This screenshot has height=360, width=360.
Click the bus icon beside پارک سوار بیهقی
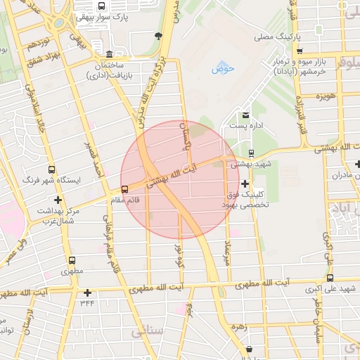tap(101, 6)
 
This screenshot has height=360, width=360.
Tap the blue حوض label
tap(223, 68)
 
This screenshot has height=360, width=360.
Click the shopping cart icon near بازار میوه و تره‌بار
tap(300, 51)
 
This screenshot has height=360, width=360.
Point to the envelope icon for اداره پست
tap(245, 115)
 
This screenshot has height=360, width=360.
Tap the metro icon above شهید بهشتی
tap(251, 153)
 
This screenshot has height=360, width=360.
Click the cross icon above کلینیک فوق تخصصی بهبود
tap(244, 183)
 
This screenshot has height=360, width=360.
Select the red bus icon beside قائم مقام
tap(124, 188)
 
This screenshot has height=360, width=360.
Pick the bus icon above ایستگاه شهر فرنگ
tap(51, 170)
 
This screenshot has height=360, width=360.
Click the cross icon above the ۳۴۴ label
tap(87, 292)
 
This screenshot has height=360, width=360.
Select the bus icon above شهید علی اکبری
tap(330, 278)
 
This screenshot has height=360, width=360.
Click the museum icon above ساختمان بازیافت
tap(108, 55)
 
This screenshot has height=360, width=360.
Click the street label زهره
tap(243, 326)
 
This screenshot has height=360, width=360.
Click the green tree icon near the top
tap(159, 35)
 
